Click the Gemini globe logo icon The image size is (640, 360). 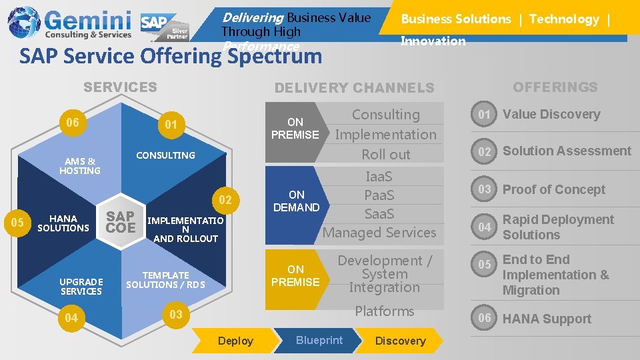point(24,22)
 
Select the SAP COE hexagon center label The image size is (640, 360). point(121,222)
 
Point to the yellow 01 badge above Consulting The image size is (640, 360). point(171,125)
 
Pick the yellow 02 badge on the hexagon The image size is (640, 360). point(225,201)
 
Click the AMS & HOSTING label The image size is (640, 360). point(79,165)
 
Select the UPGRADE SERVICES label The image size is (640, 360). point(81,286)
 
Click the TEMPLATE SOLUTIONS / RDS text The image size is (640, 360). point(165,280)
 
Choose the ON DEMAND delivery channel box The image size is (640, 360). point(297,201)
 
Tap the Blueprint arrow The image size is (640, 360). point(319,340)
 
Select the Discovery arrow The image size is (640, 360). point(400,341)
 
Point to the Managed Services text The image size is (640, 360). point(379,233)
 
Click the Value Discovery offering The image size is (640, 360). point(551,114)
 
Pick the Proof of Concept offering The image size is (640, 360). point(553,189)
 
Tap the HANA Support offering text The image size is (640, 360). point(547,319)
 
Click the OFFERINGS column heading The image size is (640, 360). point(555,87)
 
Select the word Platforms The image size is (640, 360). point(385,311)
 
